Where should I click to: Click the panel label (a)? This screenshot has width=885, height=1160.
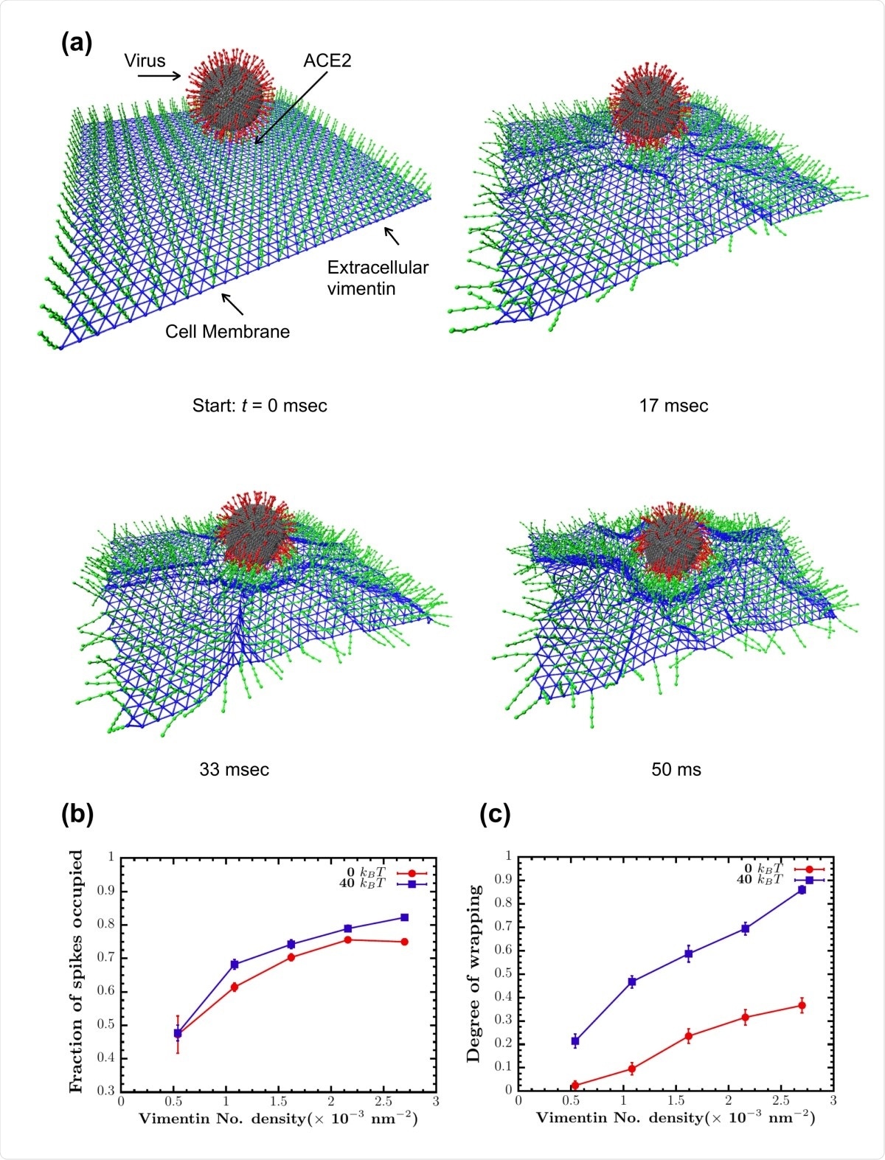tap(76, 44)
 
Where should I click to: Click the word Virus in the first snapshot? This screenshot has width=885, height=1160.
tap(145, 60)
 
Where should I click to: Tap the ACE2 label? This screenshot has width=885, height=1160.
tap(327, 60)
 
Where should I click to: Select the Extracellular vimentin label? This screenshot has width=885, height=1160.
tap(378, 278)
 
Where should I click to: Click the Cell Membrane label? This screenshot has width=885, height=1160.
tap(227, 331)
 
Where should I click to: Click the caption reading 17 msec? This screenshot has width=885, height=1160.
tap(673, 406)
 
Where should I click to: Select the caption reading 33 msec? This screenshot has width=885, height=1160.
tap(234, 770)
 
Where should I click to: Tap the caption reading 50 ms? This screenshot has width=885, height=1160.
tap(676, 770)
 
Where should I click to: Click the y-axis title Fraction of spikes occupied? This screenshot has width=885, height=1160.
tap(76, 971)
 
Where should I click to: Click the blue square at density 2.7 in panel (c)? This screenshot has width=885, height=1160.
tap(802, 890)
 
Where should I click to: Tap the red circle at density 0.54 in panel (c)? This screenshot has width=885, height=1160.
tap(575, 1086)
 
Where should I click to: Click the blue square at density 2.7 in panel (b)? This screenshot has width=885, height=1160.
tap(404, 917)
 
